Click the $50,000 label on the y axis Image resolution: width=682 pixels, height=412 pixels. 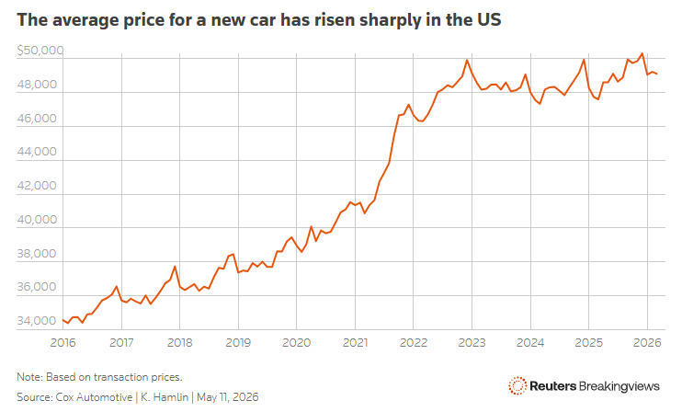40,51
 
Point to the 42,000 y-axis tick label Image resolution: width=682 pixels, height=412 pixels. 37,186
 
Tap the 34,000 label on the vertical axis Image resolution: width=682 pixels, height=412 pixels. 37,321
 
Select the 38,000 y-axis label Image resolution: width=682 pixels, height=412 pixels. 37,254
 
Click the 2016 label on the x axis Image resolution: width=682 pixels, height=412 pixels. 63,343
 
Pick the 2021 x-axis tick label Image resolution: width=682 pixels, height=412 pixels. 355,343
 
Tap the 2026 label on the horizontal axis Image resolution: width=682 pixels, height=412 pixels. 647,343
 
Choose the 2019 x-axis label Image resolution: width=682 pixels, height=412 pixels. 238,343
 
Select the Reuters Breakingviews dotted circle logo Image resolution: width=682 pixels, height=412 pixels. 517,386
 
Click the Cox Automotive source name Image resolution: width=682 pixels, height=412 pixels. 94,397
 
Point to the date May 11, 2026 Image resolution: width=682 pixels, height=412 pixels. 227,397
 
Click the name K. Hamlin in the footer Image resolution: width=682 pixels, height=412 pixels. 165,397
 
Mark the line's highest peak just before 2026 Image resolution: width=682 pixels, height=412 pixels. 642,53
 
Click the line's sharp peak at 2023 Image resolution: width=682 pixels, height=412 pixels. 467,60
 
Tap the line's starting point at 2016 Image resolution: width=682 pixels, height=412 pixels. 63,320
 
